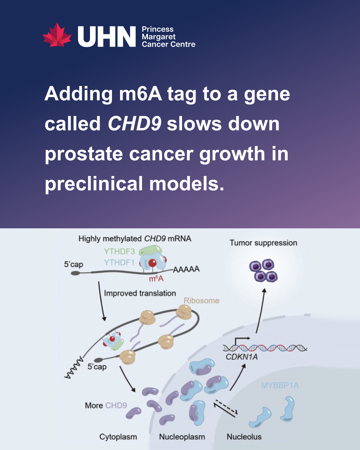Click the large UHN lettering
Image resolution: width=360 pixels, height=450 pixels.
pyautogui.click(x=107, y=37)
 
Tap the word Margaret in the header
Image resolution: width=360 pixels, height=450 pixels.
pyautogui.click(x=159, y=37)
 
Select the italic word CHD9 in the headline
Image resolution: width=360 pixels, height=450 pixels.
pyautogui.click(x=134, y=124)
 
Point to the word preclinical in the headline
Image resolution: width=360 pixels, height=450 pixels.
pyautogui.click(x=94, y=183)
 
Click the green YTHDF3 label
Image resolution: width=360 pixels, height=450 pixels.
pyautogui.click(x=119, y=251)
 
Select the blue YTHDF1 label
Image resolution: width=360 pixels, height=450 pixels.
pyautogui.click(x=119, y=262)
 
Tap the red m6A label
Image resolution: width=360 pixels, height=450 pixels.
pyautogui.click(x=156, y=279)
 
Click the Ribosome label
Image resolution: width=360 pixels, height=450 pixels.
pyautogui.click(x=201, y=300)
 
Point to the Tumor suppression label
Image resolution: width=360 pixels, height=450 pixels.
pyautogui.click(x=263, y=243)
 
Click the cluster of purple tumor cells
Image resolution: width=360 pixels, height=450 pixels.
pyautogui.click(x=263, y=271)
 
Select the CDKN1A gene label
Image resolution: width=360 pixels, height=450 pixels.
pyautogui.click(x=242, y=357)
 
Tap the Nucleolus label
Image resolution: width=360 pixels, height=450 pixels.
pyautogui.click(x=244, y=437)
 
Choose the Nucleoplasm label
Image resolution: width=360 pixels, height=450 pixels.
pyautogui.click(x=182, y=437)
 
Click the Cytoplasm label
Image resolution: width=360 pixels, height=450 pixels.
pyautogui.click(x=118, y=437)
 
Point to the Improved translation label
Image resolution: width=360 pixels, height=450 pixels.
pyautogui.click(x=140, y=293)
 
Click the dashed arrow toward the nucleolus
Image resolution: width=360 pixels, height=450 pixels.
pyautogui.click(x=227, y=407)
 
